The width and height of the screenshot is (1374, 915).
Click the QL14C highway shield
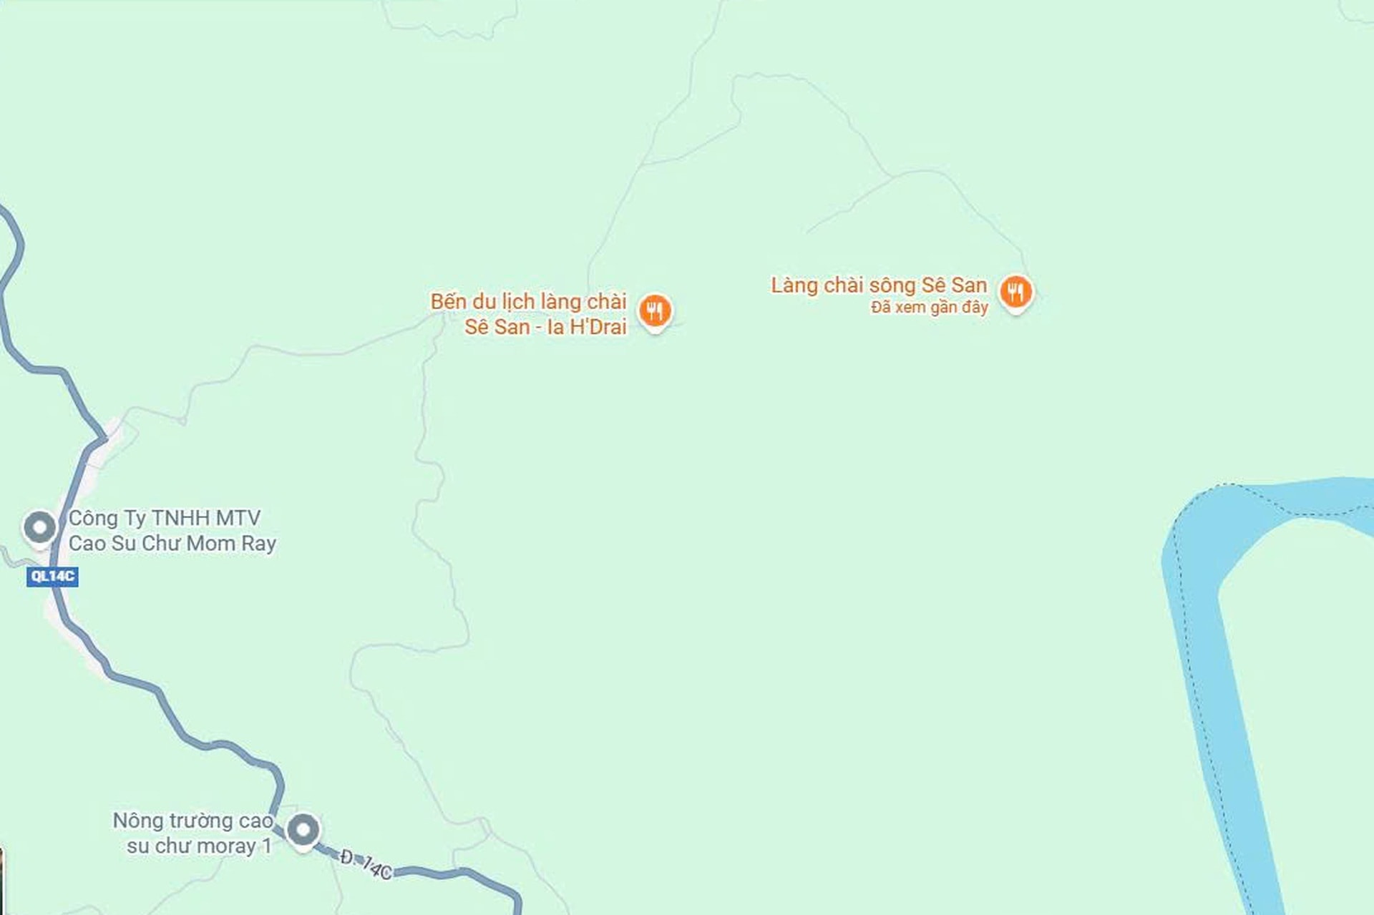(52, 576)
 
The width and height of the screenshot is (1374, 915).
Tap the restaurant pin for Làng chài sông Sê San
(1015, 291)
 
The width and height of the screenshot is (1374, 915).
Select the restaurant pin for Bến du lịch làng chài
(654, 310)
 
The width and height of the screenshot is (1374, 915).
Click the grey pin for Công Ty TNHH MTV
(39, 527)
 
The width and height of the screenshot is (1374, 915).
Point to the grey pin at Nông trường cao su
(303, 830)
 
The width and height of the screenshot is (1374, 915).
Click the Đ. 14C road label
(366, 864)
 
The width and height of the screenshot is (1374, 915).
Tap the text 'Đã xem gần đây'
(929, 308)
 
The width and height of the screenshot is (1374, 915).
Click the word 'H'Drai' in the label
(598, 327)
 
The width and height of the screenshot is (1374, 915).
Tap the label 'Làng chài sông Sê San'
(878, 285)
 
